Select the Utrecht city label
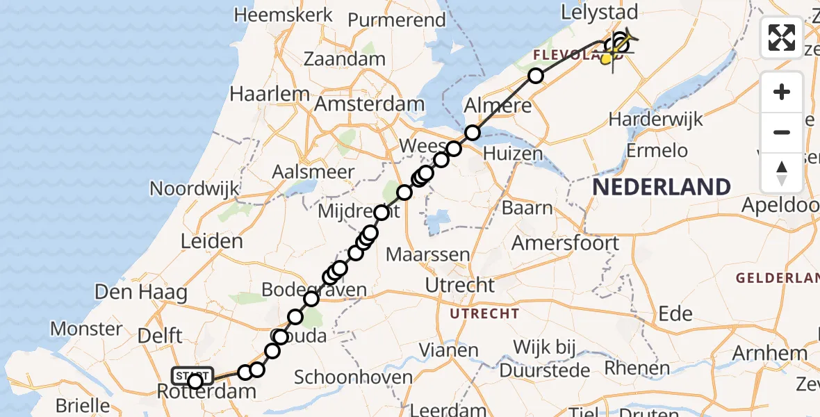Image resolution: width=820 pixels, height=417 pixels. point(460,285)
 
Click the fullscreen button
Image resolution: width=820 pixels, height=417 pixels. point(782,38)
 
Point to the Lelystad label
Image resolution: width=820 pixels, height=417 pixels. point(600,12)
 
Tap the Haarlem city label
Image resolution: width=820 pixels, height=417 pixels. point(270,94)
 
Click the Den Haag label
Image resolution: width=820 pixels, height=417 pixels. point(141,292)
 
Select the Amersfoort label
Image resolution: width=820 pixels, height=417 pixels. point(564,243)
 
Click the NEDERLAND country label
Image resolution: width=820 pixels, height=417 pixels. point(661,187)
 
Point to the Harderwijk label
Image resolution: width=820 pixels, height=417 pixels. point(655,119)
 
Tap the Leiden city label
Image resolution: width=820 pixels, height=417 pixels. point(211,242)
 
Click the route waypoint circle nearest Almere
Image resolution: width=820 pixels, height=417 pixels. point(473,132)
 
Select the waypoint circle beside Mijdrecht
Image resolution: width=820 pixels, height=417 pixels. point(382,213)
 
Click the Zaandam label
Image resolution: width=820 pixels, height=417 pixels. point(345,58)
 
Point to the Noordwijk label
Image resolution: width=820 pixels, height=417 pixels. point(195,188)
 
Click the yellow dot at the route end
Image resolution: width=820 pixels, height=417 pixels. point(606,60)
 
